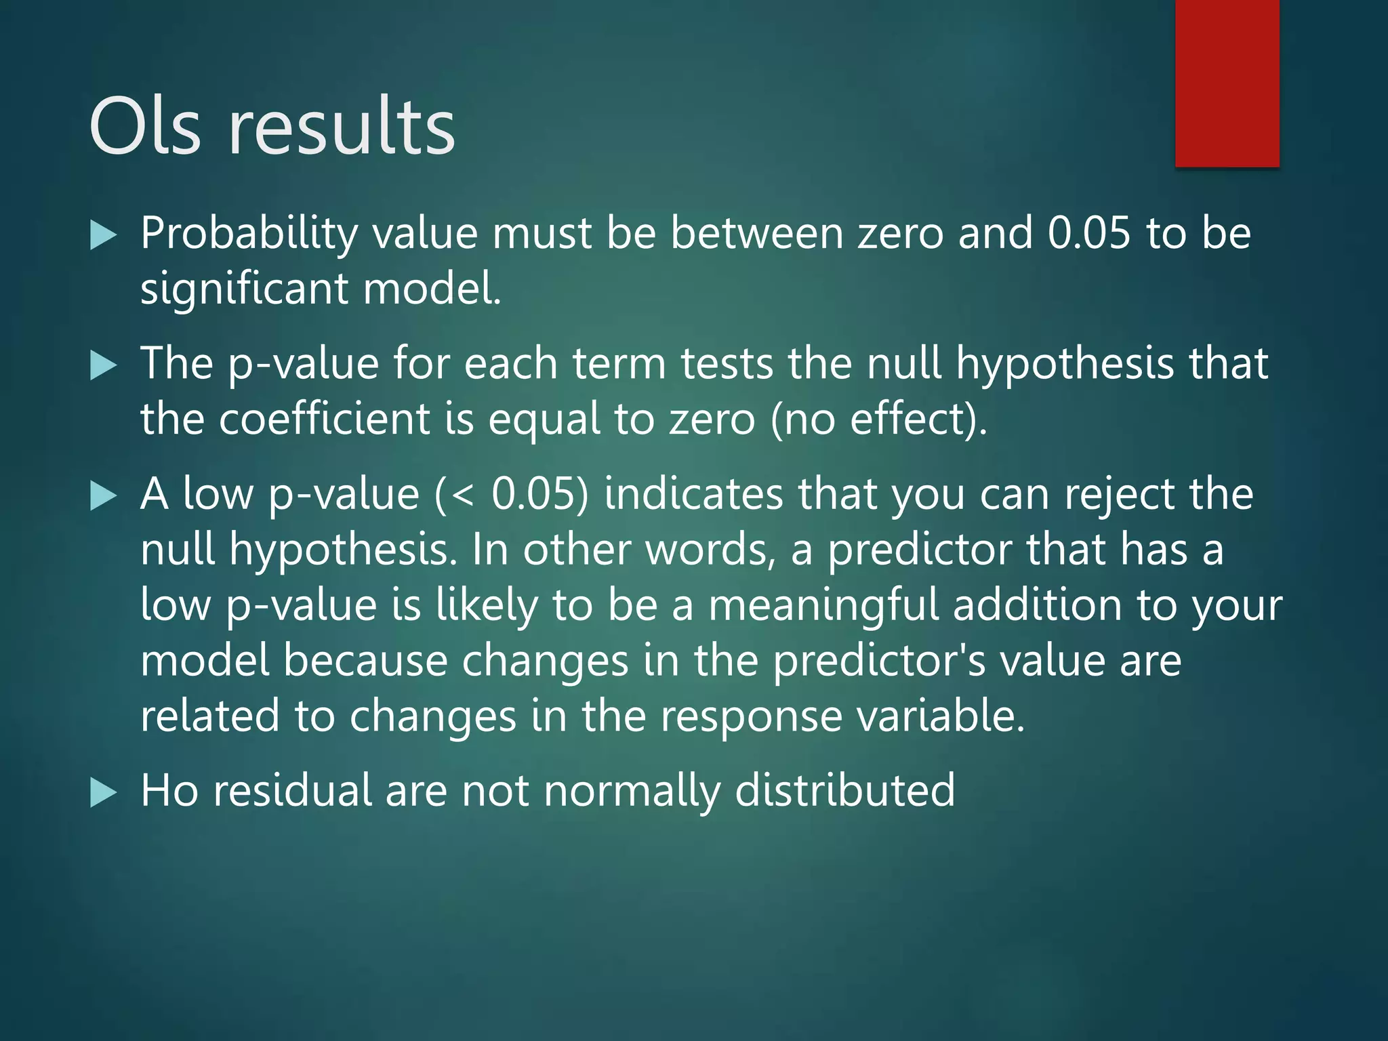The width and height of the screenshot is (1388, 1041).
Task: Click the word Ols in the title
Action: [145, 127]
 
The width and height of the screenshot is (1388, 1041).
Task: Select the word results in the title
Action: [342, 127]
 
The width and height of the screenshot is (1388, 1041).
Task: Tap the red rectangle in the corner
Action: [1227, 83]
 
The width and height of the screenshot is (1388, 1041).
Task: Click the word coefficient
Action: [325, 420]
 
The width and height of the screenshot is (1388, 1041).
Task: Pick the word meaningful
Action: [823, 605]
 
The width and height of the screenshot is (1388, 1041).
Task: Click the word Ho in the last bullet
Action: [169, 791]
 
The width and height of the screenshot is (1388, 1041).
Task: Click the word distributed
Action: [845, 791]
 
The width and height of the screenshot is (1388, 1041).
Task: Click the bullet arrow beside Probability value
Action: [103, 236]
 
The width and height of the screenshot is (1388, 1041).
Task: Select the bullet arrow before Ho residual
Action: [103, 793]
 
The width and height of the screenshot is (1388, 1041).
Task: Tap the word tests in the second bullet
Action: [727, 364]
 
